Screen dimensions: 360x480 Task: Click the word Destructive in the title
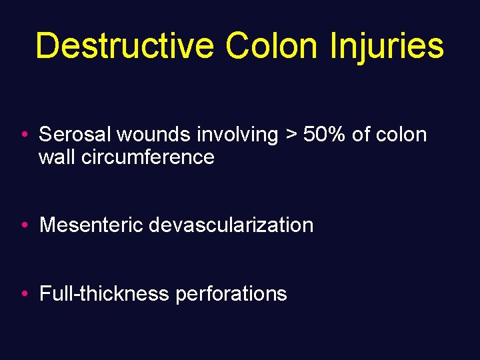tap(124, 47)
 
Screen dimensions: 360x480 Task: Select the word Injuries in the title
tap(386, 47)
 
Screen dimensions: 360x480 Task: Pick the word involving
tap(237, 135)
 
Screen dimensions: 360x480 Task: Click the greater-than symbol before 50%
tap(291, 135)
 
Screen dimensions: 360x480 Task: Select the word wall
tap(55, 157)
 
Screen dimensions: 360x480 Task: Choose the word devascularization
tap(231, 225)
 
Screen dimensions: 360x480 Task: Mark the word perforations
tap(231, 293)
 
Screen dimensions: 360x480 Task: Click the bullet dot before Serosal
tap(23, 135)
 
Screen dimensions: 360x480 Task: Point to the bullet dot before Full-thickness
tap(23, 294)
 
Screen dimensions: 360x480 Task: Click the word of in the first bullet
tap(361, 135)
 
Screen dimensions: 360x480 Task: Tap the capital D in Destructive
tap(47, 47)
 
